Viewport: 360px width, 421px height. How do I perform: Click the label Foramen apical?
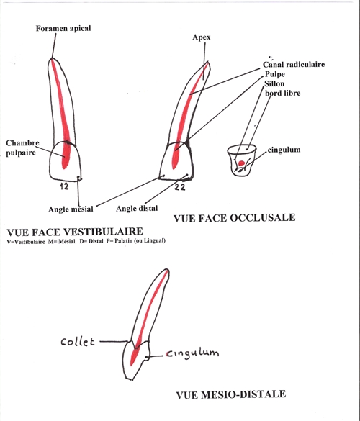pos(63,29)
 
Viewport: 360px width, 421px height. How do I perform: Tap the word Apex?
pos(201,37)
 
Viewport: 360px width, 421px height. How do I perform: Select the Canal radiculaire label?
pos(294,65)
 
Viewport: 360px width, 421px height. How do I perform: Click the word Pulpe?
pos(275,74)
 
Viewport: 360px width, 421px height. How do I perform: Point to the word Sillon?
pos(274,83)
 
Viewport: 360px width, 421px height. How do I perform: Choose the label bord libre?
pos(283,93)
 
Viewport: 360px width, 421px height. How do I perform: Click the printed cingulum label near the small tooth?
pos(284,150)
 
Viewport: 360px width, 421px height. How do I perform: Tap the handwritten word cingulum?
pos(192,353)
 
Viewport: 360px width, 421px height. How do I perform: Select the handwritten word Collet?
pos(78,342)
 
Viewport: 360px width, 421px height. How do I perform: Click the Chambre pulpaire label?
pos(22,148)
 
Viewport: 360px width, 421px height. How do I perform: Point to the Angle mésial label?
pos(71,209)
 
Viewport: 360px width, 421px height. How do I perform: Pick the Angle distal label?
pos(137,209)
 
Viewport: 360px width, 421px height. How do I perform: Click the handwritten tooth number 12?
pos(64,186)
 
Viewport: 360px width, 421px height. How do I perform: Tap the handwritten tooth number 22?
pos(180,187)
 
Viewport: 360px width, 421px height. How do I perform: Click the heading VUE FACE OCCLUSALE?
pos(234,218)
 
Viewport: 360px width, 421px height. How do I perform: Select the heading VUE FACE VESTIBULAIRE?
pos(75,232)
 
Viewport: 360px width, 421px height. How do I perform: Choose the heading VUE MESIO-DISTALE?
pos(231,394)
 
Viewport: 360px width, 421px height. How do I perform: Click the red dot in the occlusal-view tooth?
pos(241,163)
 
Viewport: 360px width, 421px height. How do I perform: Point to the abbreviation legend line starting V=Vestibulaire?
pos(86,241)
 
